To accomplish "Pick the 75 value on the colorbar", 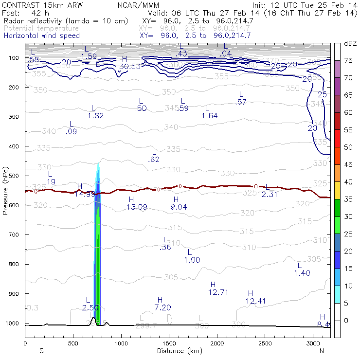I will pos(348,60).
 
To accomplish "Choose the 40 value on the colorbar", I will pos(348,182).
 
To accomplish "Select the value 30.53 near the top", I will pos(129,66).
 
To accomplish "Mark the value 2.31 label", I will pos(270,194).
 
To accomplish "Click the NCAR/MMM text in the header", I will pos(138,5).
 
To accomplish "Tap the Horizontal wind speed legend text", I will pos(42,36).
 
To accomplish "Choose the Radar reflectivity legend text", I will pos(66,21).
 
